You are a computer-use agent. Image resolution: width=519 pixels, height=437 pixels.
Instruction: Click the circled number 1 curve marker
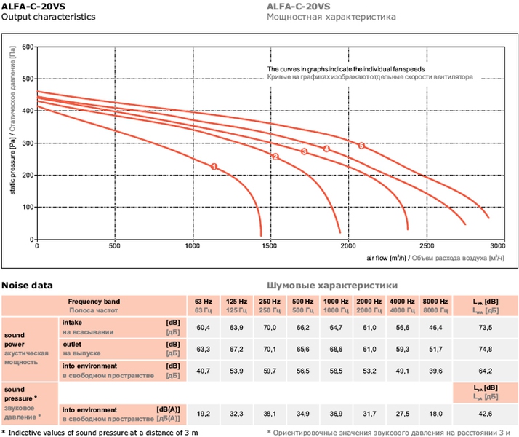214,167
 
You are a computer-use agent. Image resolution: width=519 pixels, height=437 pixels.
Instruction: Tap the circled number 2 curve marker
275,157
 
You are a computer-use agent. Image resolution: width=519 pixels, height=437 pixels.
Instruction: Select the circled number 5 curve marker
361,145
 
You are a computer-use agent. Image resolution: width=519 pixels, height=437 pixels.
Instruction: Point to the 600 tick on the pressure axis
28,47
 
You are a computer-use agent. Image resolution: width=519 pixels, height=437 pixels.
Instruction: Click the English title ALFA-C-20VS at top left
32,6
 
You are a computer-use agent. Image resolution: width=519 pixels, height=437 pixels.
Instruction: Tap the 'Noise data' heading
27,285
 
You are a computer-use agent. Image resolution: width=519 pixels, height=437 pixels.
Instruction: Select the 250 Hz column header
270,301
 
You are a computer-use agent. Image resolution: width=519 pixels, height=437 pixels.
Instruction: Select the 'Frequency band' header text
94,301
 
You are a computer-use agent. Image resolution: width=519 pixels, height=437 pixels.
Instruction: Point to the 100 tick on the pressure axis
28,208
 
